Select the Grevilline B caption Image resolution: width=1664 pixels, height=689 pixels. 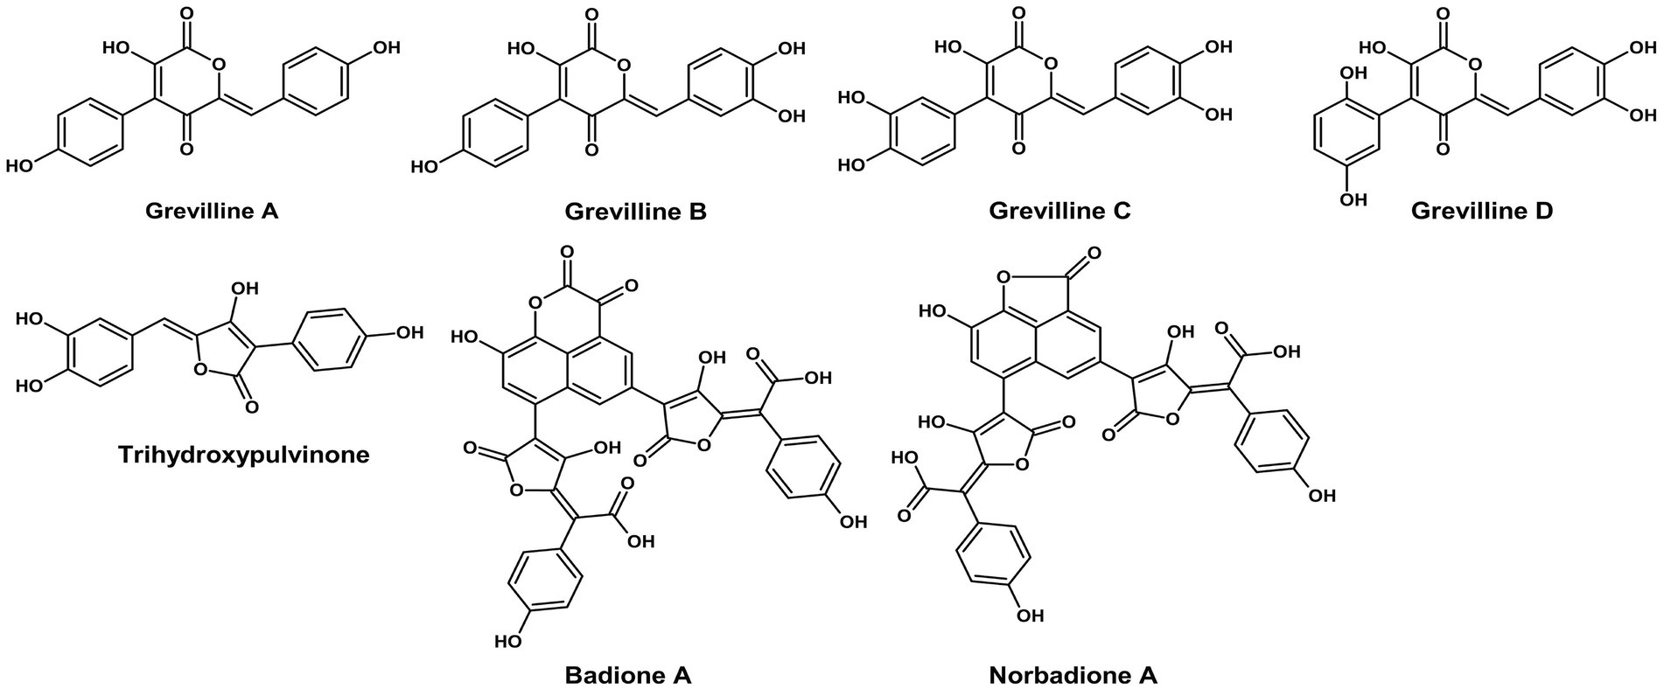[636, 212]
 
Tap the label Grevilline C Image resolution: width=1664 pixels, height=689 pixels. [1059, 212]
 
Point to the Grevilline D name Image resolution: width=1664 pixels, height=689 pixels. [1482, 212]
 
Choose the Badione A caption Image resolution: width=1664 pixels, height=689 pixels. [628, 675]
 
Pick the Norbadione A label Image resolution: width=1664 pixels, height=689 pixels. [1073, 675]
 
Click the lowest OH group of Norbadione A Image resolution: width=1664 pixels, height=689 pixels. [1031, 616]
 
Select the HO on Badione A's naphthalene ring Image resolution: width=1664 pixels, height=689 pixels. [466, 337]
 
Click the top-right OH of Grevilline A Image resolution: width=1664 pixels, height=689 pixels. [386, 47]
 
